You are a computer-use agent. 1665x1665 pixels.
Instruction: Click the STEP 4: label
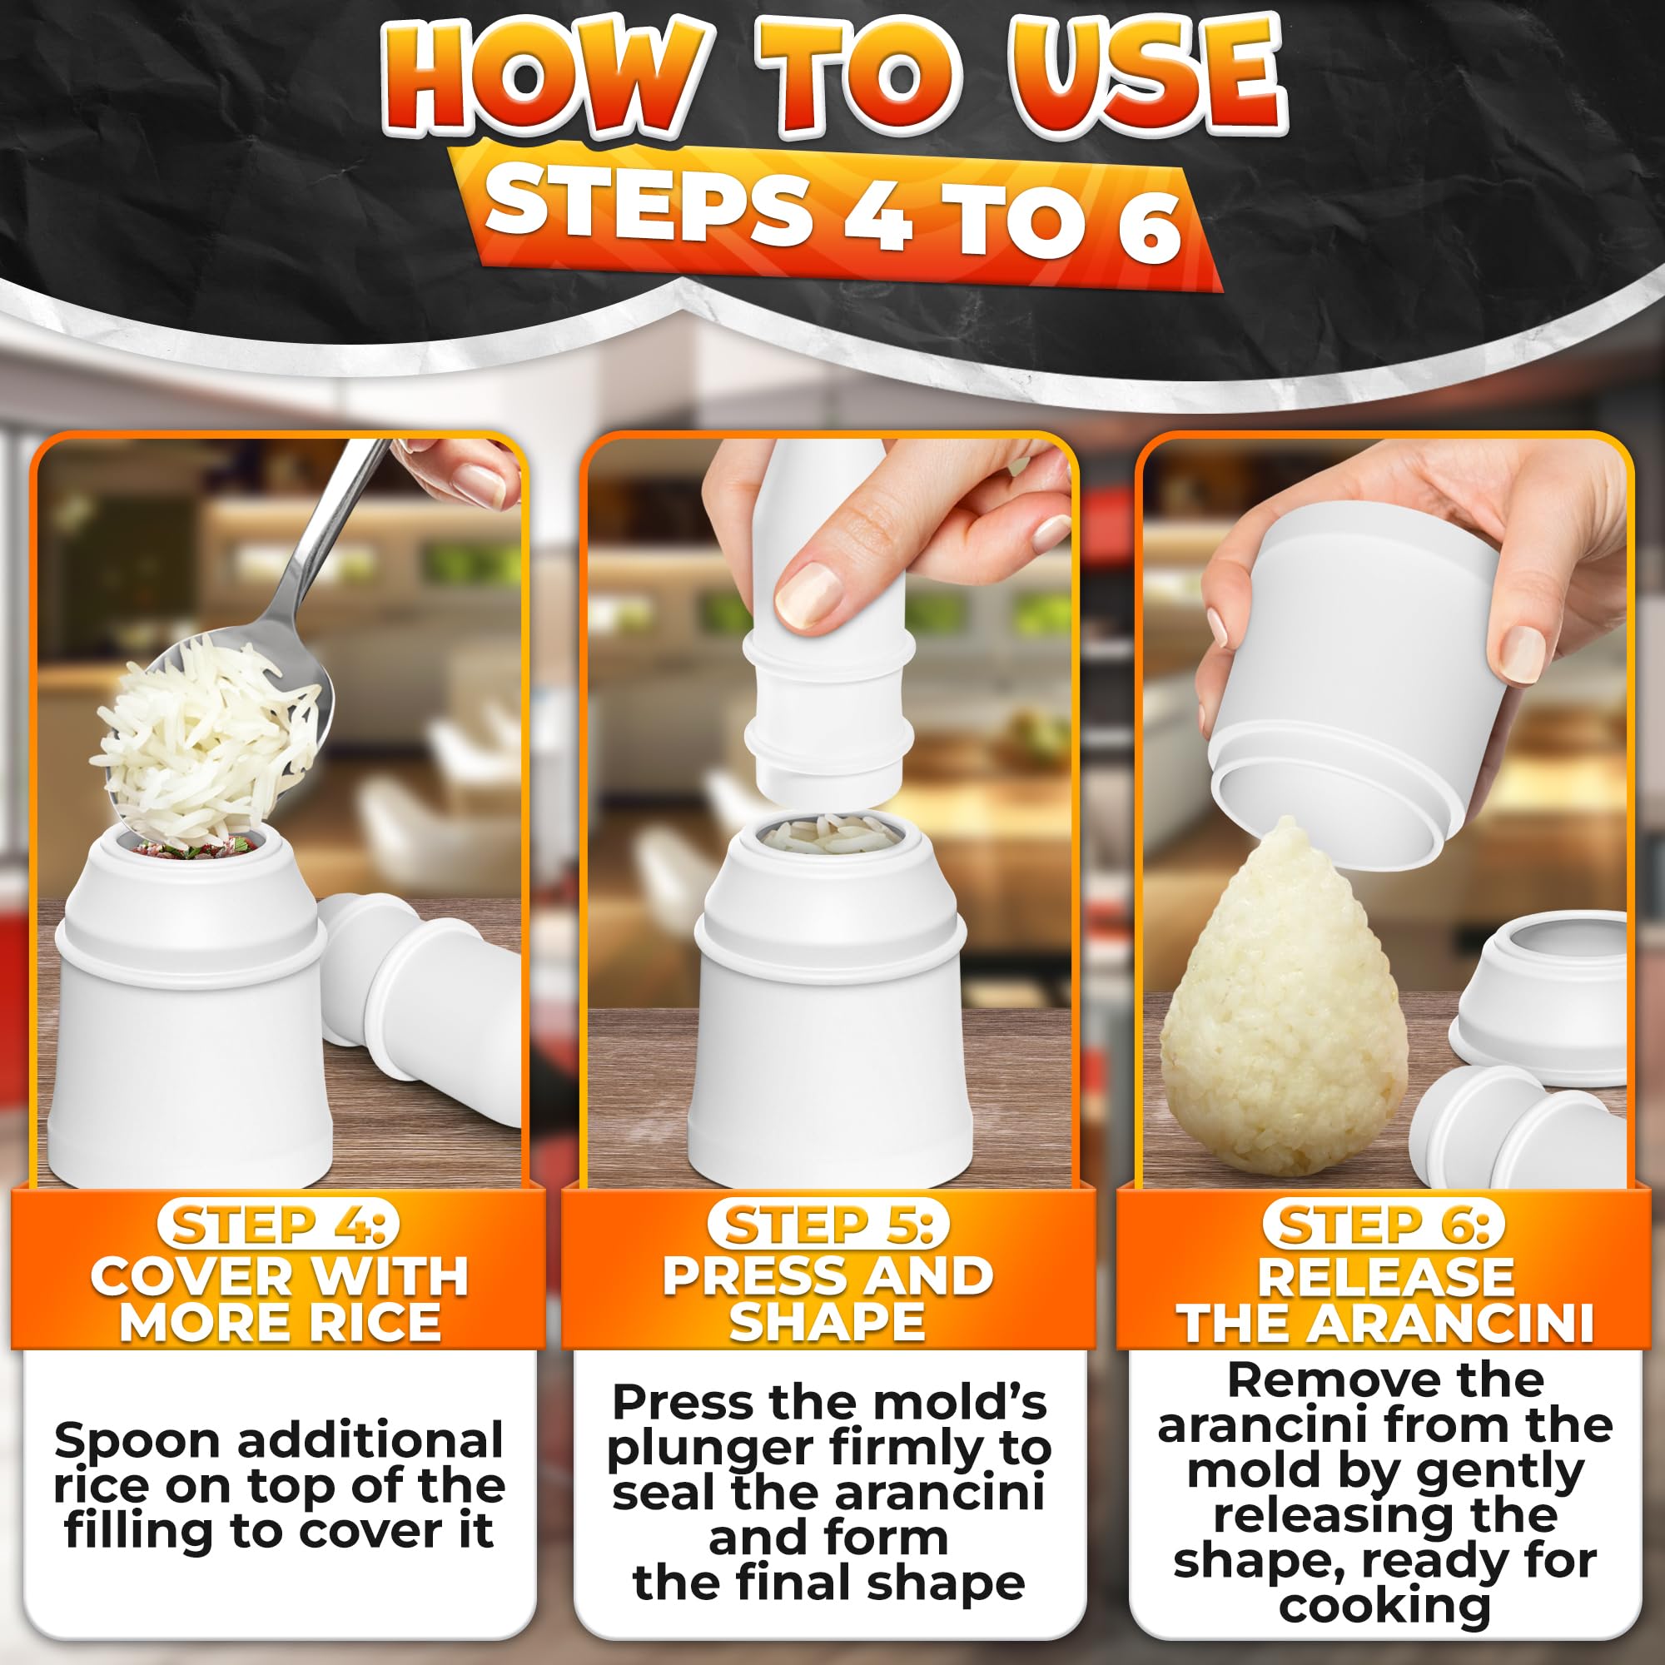coord(277,1225)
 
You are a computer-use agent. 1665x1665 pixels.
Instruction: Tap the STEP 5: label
coord(828,1225)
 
